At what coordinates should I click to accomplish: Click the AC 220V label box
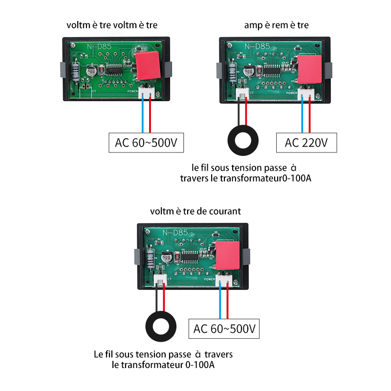coord(307,143)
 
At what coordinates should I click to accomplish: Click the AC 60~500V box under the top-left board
coord(145,143)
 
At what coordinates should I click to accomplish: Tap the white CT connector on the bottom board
coord(160,280)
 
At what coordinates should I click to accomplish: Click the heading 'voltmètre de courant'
coord(195,211)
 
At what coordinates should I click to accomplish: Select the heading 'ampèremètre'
coord(277,25)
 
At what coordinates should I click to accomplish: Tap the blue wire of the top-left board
coord(143,115)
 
